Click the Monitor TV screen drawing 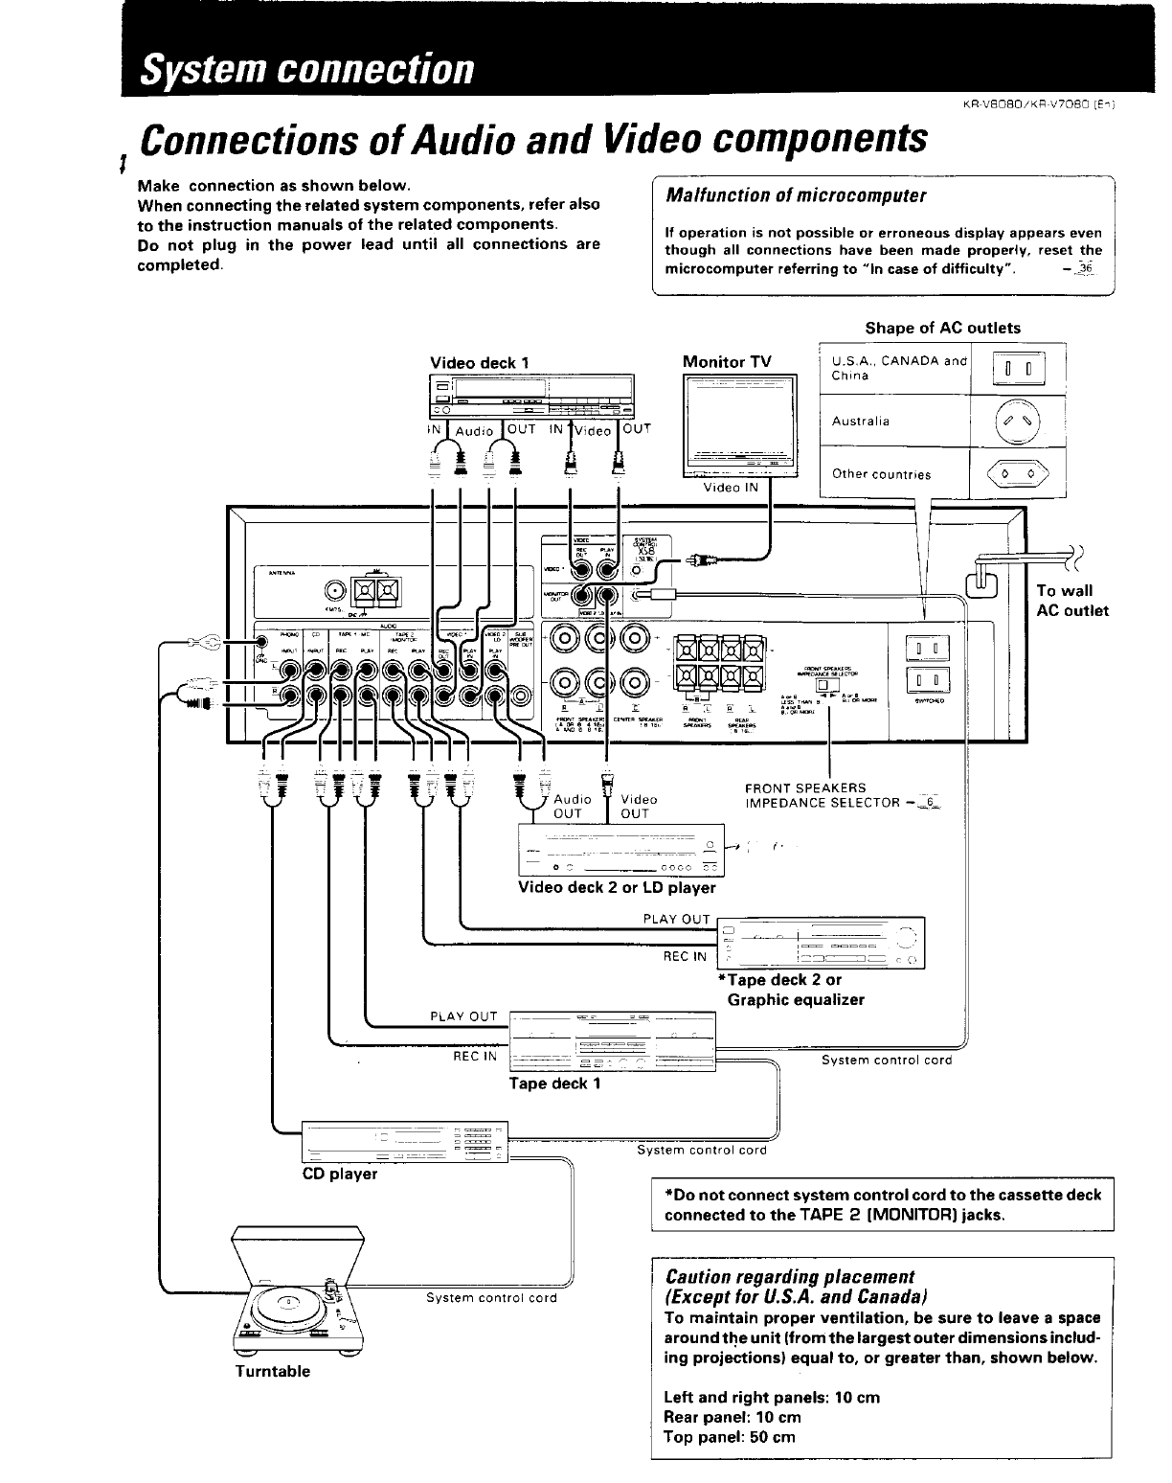[x=739, y=422]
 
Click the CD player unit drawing [x=406, y=1140]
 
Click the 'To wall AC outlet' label [x=1071, y=601]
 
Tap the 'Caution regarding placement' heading [x=789, y=1276]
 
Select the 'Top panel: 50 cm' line [x=729, y=1437]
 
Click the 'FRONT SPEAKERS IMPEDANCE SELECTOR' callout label [x=823, y=795]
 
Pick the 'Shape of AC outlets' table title [x=942, y=328]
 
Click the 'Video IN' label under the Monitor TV [x=731, y=488]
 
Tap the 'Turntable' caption [x=273, y=1371]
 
